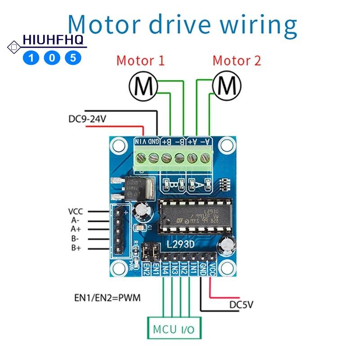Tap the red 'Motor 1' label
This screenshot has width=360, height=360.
140,61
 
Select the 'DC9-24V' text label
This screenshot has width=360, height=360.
88,120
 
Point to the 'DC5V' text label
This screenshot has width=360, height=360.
241,305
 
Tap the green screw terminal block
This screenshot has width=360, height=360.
173,157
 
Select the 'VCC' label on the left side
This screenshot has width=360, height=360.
76,211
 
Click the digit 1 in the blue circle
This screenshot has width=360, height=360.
31,58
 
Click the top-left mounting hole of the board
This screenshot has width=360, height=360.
119,145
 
